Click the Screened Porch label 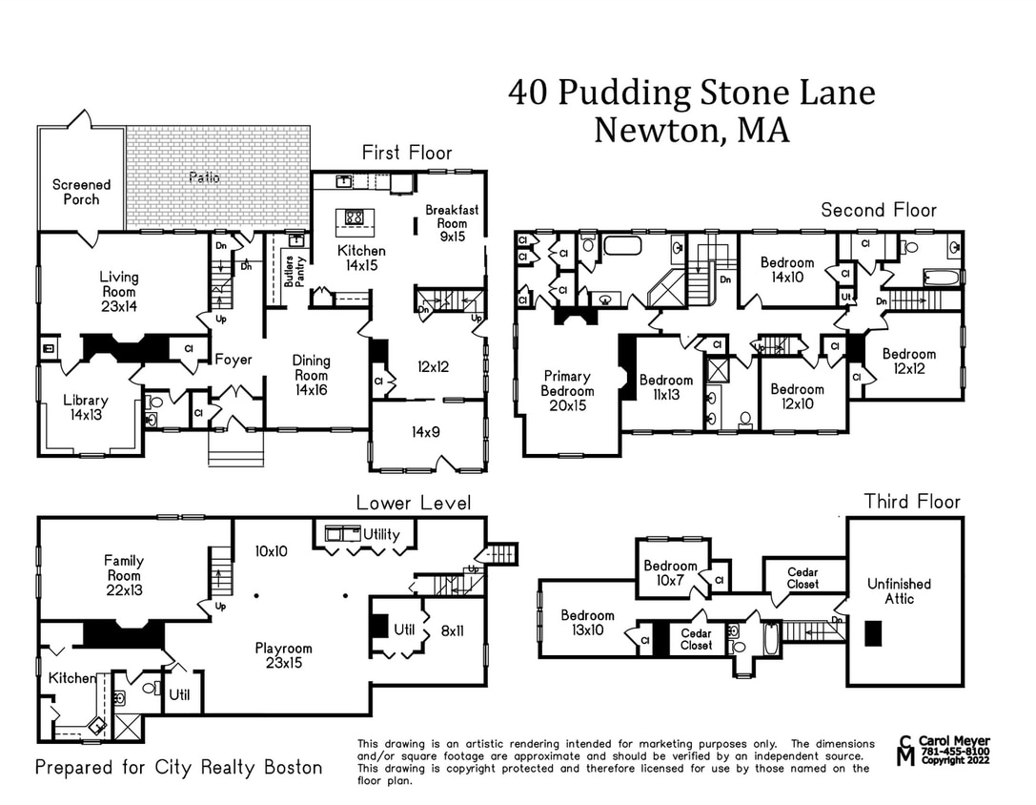(x=81, y=192)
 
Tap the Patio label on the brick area (x=204, y=177)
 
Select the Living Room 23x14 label (x=119, y=292)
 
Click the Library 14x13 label (x=86, y=408)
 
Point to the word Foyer (x=234, y=360)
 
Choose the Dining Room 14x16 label (x=311, y=375)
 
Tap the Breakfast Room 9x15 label (x=452, y=223)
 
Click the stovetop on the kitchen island (x=354, y=217)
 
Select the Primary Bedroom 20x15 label (x=567, y=391)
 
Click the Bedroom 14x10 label (x=787, y=270)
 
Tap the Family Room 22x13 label (x=124, y=576)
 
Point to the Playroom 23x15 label (x=284, y=655)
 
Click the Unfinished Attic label (x=899, y=590)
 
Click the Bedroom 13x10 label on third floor (x=587, y=623)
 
